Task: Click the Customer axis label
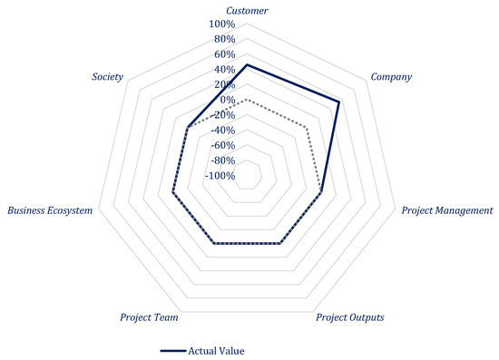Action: tap(248, 10)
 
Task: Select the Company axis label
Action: tap(391, 77)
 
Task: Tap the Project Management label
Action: tap(448, 210)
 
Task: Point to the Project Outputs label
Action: tap(349, 318)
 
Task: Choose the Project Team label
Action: tap(149, 318)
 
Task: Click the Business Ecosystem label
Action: tap(50, 210)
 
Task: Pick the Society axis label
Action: tap(108, 77)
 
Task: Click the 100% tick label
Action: tap(222, 24)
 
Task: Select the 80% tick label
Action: tap(224, 39)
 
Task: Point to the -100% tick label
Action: tap(219, 176)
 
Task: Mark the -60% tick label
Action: tap(221, 145)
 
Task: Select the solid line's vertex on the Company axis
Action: tap(338, 102)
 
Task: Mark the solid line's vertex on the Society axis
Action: tap(187, 127)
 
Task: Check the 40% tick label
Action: tap(224, 69)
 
